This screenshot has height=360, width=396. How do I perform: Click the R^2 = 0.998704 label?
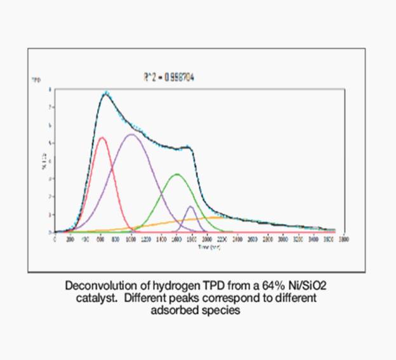168,77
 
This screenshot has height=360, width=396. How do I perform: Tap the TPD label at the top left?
36,81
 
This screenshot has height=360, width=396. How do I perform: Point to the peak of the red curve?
102,137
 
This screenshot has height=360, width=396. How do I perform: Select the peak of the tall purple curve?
131,134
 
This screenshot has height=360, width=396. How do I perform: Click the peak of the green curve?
177,174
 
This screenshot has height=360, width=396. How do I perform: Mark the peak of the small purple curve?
190,206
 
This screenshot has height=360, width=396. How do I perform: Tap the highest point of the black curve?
106,94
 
